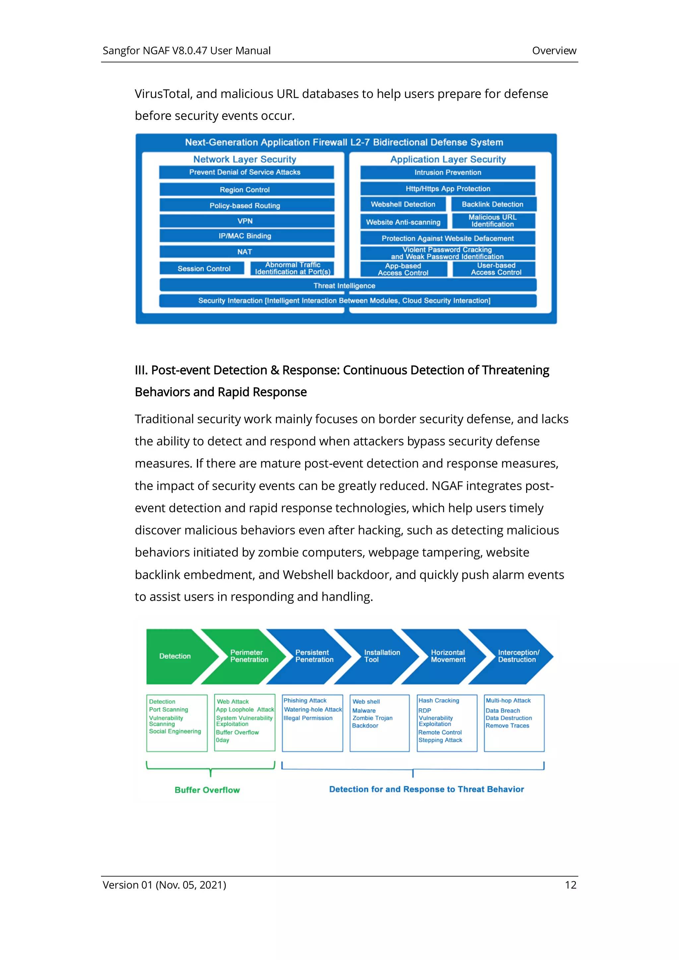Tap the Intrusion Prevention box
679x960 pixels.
tap(448, 172)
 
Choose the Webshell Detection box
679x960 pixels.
tap(403, 204)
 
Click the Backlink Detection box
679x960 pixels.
tap(492, 204)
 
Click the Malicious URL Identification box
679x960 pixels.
tap(492, 221)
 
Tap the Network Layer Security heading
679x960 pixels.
tap(245, 159)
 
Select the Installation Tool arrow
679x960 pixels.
tap(379, 656)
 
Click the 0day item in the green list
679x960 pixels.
tap(222, 740)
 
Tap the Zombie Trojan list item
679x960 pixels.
tap(372, 718)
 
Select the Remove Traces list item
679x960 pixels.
tap(507, 725)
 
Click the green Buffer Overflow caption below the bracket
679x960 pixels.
tap(207, 790)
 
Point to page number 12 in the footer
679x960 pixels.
tap(571, 885)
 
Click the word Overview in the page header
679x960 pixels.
tap(554, 51)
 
